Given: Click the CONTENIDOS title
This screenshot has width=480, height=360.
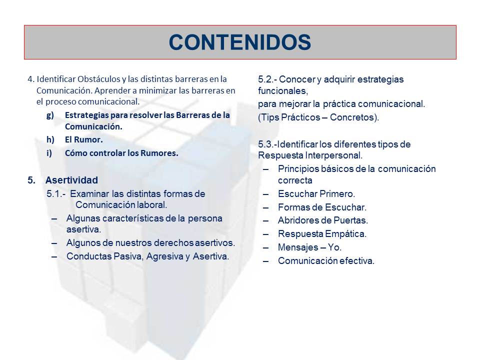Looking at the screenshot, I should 240,42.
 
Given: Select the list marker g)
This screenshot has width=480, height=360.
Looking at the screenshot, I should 49,115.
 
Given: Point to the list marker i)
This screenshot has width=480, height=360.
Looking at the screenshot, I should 49,153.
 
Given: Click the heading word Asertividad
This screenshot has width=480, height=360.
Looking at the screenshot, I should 71,180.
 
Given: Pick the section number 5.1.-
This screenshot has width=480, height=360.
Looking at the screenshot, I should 55,193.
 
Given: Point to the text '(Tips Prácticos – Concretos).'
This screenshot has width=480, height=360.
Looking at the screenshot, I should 318,118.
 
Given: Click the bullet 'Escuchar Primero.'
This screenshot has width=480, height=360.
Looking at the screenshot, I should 316,193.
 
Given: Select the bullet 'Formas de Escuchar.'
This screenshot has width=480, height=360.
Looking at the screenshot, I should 322,207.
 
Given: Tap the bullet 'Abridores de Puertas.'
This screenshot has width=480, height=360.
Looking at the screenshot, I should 323,220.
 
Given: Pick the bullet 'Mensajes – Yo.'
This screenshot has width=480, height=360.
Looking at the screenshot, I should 310,247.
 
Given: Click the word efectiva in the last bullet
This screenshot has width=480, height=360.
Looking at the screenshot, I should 356,260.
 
